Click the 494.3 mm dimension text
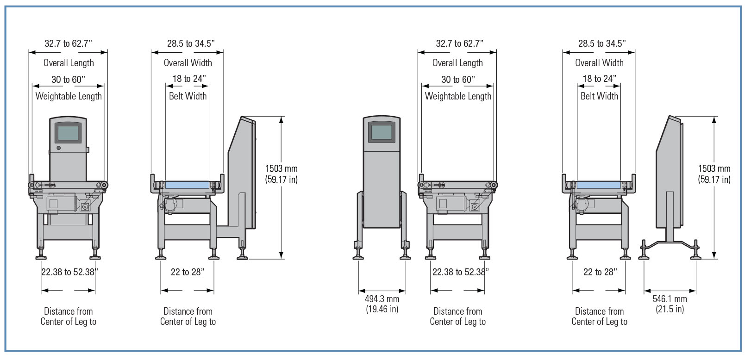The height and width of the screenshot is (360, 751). tap(382, 299)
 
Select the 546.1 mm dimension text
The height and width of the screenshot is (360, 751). tap(670, 299)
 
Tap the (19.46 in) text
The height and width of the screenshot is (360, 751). tap(382, 309)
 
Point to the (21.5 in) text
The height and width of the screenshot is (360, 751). tap(670, 309)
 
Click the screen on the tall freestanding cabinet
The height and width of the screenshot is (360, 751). tap(382, 133)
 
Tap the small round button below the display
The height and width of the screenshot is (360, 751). tap(58, 148)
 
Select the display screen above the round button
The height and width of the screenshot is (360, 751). tap(68, 133)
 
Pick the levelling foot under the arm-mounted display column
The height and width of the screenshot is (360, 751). tap(242, 254)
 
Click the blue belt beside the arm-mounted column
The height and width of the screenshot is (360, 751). tap(187, 185)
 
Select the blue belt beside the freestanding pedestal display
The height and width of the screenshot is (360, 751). tap(599, 185)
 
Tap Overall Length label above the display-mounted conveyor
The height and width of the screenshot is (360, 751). tap(69, 63)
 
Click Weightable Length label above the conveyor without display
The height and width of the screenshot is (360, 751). tap(458, 96)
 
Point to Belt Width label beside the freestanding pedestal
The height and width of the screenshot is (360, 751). tap(599, 96)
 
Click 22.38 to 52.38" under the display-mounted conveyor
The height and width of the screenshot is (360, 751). tap(69, 272)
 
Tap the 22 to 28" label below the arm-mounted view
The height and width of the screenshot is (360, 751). tap(187, 272)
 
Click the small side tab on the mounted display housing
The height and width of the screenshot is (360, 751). tap(88, 149)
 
